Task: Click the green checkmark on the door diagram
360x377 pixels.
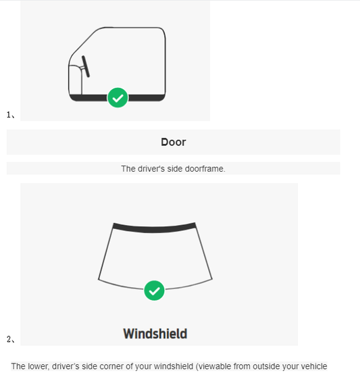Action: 118,97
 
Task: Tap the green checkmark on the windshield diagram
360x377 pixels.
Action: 154,291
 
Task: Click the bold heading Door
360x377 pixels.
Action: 174,142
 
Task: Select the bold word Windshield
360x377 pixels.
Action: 155,334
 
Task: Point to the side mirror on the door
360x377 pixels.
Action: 86,67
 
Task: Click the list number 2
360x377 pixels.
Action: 9,339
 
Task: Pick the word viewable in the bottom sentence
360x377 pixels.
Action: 213,366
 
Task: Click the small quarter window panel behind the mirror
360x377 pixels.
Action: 76,80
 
